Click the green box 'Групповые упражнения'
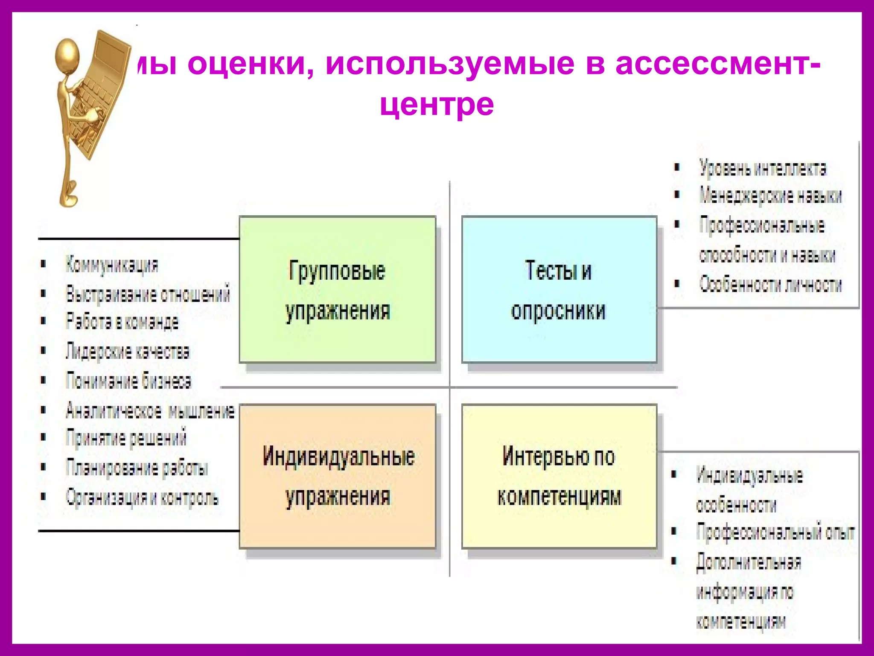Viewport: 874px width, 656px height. (x=338, y=290)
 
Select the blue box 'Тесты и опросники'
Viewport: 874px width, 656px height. (x=559, y=290)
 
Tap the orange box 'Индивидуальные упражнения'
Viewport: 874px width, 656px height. (x=338, y=476)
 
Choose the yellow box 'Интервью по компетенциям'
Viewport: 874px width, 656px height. (x=559, y=476)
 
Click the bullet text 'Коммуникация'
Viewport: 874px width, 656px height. (x=112, y=264)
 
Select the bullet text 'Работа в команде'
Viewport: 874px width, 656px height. (x=122, y=322)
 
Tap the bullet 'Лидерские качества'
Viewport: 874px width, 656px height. (x=127, y=351)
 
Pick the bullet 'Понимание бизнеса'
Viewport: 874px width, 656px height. (x=128, y=381)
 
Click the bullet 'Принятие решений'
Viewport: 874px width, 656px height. (x=126, y=438)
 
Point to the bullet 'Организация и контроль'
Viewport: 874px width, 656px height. (x=142, y=497)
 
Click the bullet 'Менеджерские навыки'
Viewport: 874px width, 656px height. (x=770, y=196)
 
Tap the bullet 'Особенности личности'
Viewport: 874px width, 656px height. (x=770, y=284)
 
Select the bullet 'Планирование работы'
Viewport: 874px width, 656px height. (x=137, y=468)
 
